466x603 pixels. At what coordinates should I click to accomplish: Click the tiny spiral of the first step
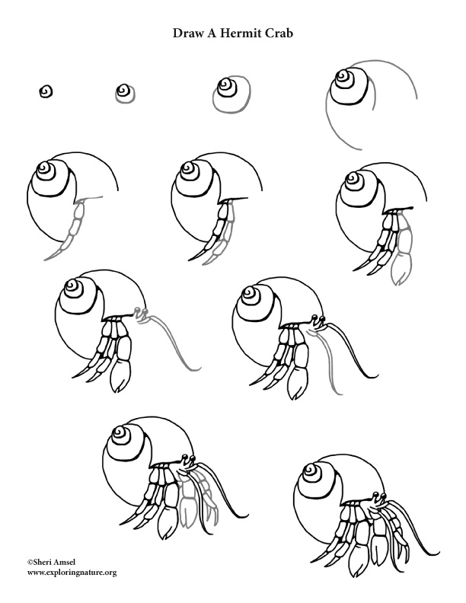(46, 92)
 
